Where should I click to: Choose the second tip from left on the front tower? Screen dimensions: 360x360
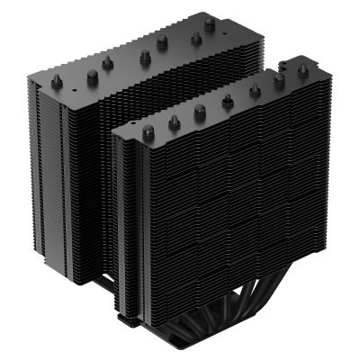(174, 121)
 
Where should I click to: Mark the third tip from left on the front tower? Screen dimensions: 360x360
(200, 111)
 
